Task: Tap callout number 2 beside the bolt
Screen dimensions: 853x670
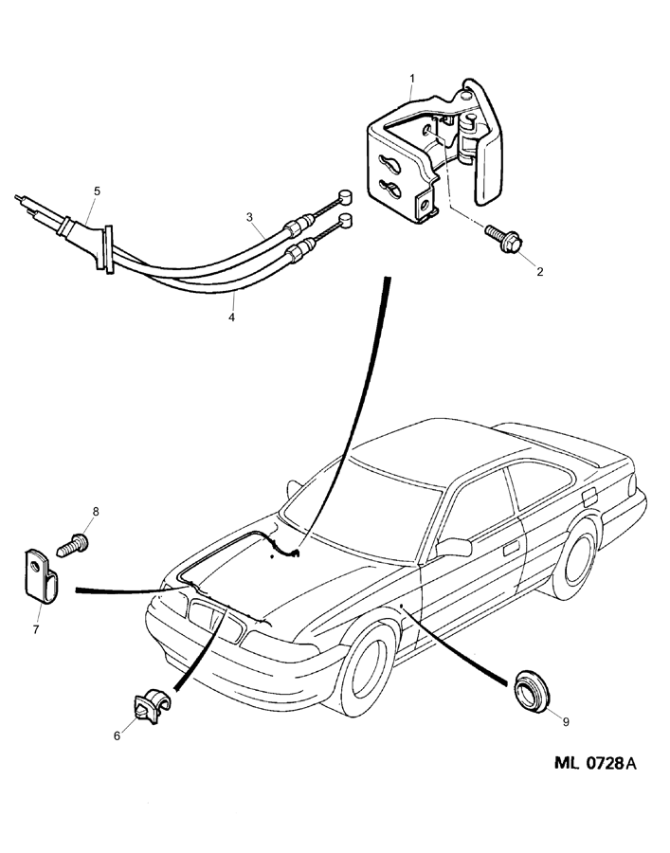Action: pos(539,272)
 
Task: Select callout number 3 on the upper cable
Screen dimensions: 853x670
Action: pos(249,217)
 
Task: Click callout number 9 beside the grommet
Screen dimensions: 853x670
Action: pos(565,721)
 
